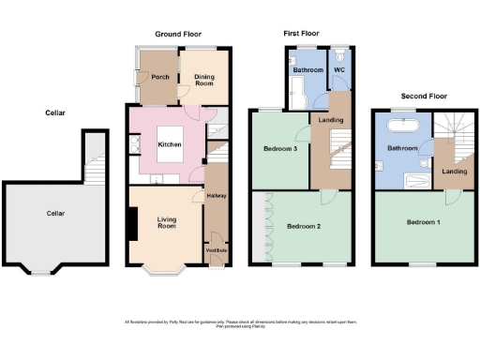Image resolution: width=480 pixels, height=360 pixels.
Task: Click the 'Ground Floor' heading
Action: pyautogui.click(x=178, y=34)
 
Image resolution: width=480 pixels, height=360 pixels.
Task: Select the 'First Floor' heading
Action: pyautogui.click(x=302, y=34)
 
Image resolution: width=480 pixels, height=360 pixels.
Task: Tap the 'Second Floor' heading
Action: pyautogui.click(x=424, y=96)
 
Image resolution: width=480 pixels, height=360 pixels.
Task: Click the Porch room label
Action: pyautogui.click(x=160, y=77)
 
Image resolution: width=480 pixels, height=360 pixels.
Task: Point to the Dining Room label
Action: pyautogui.click(x=206, y=80)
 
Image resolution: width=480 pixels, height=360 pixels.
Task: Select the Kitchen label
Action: pyautogui.click(x=170, y=144)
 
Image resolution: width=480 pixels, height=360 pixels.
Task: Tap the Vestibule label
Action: pyautogui.click(x=217, y=250)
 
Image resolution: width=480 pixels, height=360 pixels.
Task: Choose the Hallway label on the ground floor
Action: pyautogui.click(x=218, y=196)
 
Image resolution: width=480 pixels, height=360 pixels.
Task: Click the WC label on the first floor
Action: pyautogui.click(x=340, y=70)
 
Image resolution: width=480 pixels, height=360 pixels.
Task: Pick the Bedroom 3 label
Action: pyautogui.click(x=282, y=150)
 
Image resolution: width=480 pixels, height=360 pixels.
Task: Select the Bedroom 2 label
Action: pyautogui.click(x=304, y=227)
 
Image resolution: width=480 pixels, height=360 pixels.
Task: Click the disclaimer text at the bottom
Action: pyautogui.click(x=240, y=324)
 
